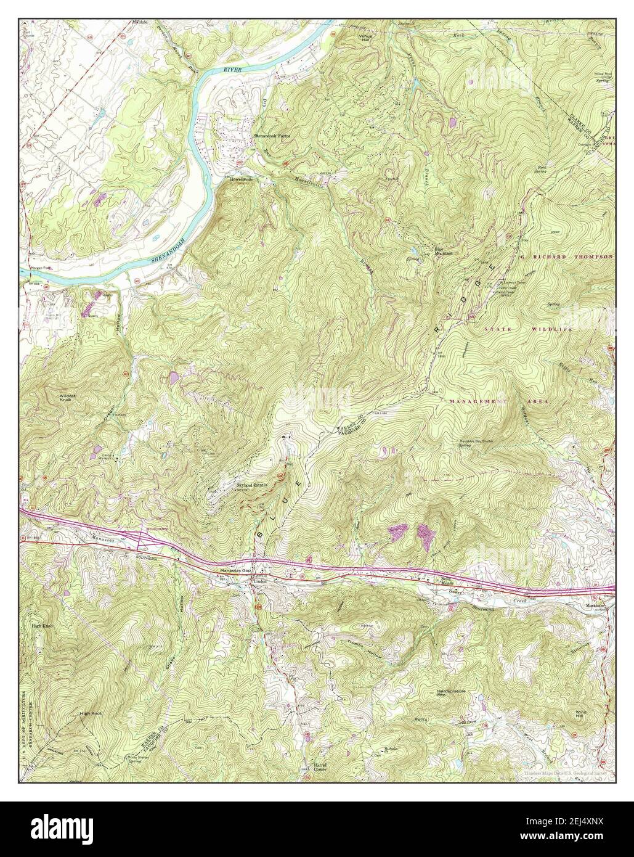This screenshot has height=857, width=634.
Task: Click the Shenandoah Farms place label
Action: (x=272, y=134)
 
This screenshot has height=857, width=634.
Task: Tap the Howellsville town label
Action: (x=242, y=179)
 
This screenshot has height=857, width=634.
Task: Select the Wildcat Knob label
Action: (x=67, y=398)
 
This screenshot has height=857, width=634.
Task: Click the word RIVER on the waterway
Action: (x=232, y=72)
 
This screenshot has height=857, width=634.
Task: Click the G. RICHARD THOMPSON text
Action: (x=566, y=256)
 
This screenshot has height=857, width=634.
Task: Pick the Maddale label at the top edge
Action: (x=139, y=22)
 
